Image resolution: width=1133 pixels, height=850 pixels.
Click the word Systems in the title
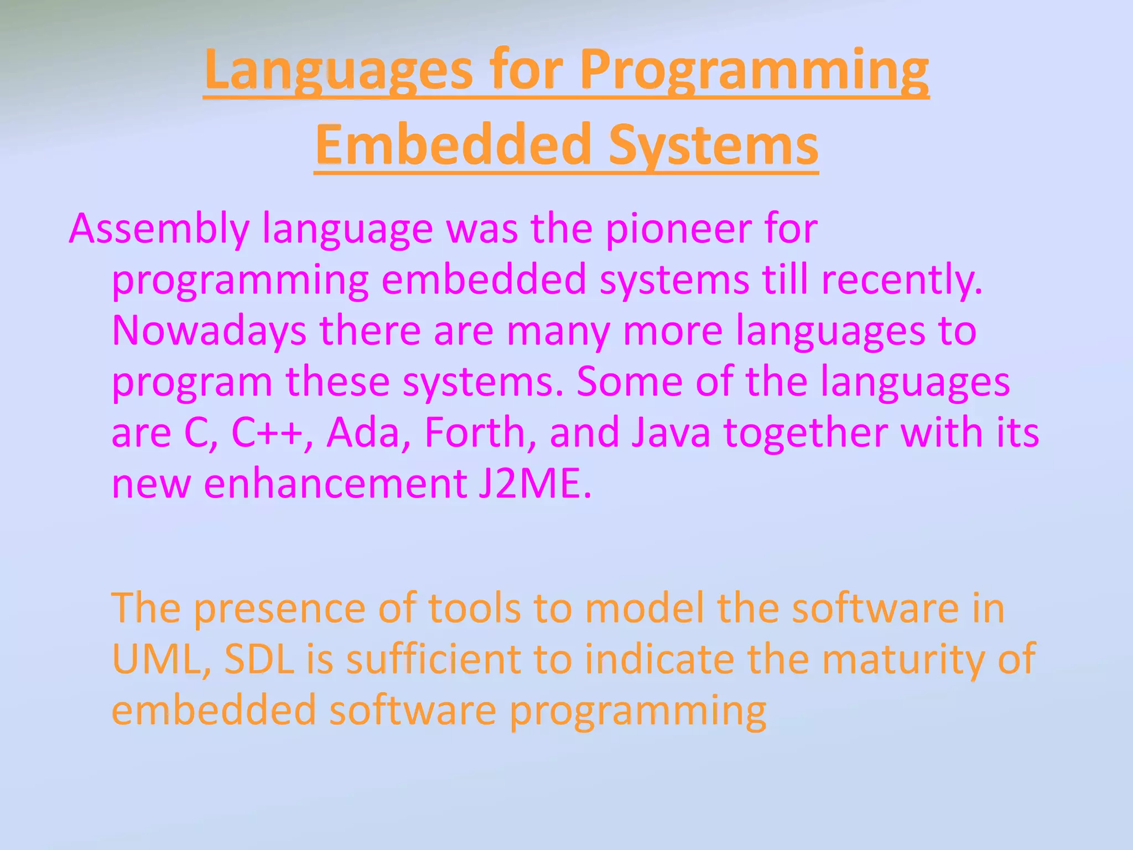(713, 144)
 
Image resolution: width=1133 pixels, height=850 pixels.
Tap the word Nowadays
(209, 331)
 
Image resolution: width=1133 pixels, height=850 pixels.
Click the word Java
(671, 433)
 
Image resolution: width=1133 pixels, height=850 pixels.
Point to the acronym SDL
(259, 660)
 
